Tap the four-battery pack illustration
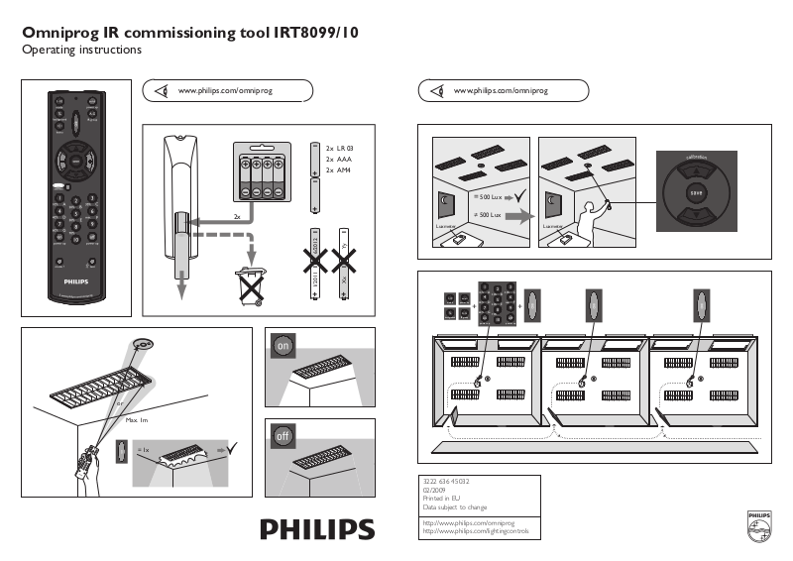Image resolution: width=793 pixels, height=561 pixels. pos(260,175)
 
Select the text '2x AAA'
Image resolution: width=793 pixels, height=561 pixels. pos(339,159)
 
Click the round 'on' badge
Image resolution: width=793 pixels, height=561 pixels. pos(283,347)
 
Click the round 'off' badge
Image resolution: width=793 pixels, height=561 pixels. pos(283,435)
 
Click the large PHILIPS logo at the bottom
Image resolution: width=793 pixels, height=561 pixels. pos(317,528)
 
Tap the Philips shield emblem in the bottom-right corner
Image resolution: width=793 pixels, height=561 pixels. pos(757,525)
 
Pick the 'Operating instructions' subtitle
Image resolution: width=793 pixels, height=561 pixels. pos(82,50)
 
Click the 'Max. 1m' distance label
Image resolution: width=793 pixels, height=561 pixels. pos(136,421)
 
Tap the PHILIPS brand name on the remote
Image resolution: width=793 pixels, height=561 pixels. pos(76,281)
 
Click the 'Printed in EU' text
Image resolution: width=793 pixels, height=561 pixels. pos(441,499)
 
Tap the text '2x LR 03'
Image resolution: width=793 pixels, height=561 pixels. pos(340,148)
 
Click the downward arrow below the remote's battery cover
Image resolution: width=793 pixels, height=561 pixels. pos(182,286)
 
